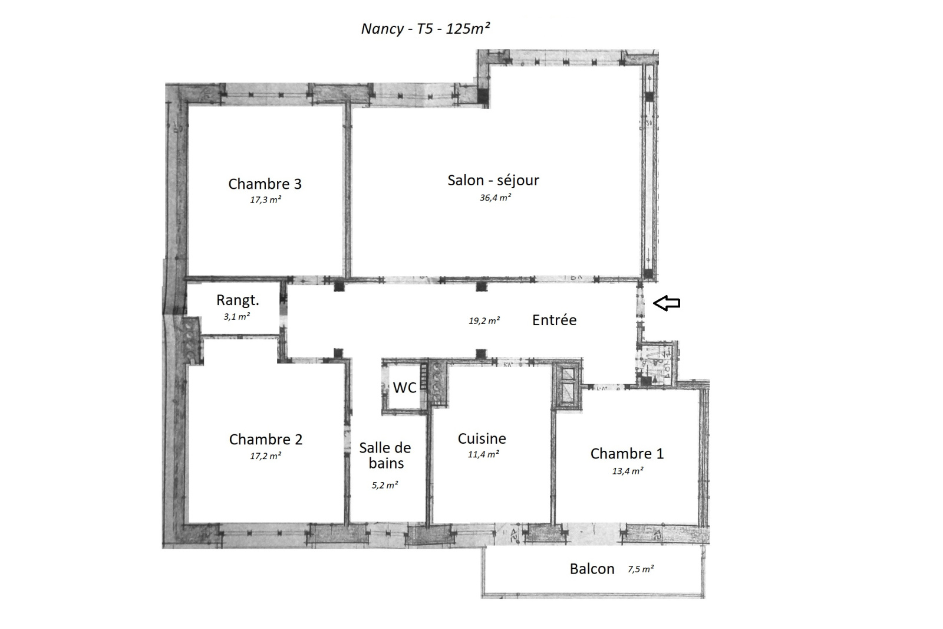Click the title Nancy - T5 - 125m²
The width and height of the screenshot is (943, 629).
(x=426, y=29)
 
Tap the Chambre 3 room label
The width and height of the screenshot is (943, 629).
(x=265, y=184)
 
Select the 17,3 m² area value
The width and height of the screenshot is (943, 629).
(x=265, y=200)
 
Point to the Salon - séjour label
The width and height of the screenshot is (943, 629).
(x=493, y=181)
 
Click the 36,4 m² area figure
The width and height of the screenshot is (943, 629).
(x=496, y=198)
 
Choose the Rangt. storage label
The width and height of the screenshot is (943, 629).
(x=238, y=300)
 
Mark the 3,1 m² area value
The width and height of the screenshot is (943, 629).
(x=236, y=317)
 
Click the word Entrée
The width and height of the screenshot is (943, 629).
(x=554, y=320)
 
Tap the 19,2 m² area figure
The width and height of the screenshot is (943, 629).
(x=484, y=321)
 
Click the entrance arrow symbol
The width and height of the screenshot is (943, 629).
(x=667, y=303)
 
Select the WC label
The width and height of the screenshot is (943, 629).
(x=404, y=388)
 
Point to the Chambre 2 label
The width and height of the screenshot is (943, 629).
(x=266, y=440)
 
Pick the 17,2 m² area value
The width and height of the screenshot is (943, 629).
(x=266, y=456)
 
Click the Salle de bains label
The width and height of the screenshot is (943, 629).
(x=385, y=456)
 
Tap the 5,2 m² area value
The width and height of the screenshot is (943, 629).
(x=385, y=485)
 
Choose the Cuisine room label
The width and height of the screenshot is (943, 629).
(x=482, y=439)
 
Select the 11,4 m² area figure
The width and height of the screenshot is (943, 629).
(x=483, y=454)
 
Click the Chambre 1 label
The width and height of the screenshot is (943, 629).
(x=627, y=454)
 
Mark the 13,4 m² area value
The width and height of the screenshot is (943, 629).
(x=627, y=471)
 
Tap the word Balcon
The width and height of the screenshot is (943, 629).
(x=592, y=569)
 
